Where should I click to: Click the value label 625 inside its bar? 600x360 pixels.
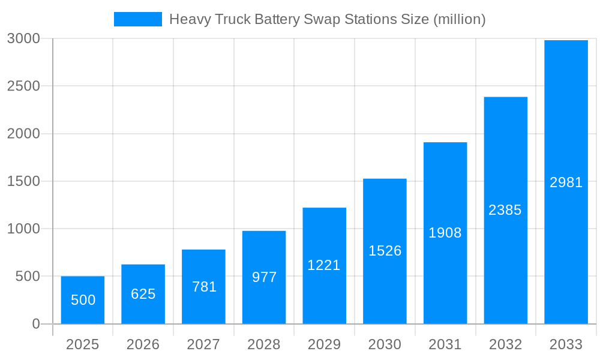(143, 294)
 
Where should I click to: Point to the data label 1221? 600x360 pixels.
(324, 265)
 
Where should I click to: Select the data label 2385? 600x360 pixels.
(505, 210)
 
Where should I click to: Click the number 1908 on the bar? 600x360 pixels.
(445, 233)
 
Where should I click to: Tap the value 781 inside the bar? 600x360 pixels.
(204, 287)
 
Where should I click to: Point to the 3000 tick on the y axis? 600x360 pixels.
(23, 38)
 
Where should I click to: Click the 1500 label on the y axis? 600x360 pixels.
(23, 181)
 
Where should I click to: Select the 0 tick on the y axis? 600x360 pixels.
(35, 324)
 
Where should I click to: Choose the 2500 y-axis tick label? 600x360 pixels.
(23, 86)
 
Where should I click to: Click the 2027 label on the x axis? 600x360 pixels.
(203, 344)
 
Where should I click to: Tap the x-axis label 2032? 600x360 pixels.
(505, 344)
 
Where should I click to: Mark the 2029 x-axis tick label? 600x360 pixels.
(324, 344)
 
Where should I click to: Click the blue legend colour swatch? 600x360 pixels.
(138, 19)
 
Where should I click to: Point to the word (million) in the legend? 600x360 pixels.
(459, 19)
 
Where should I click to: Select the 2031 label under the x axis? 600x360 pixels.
(445, 344)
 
